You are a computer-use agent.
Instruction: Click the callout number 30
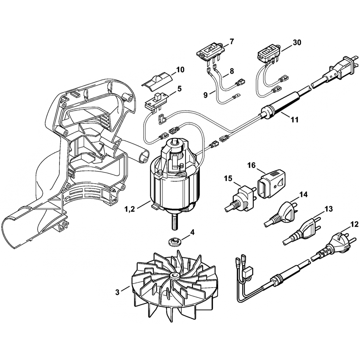[297, 42]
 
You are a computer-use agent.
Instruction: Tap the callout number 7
[231, 41]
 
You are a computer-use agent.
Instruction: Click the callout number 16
[251, 165]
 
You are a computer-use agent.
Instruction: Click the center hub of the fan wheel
[176, 276]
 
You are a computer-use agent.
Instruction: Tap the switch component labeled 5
[156, 101]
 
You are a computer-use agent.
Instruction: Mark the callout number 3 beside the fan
[117, 293]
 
